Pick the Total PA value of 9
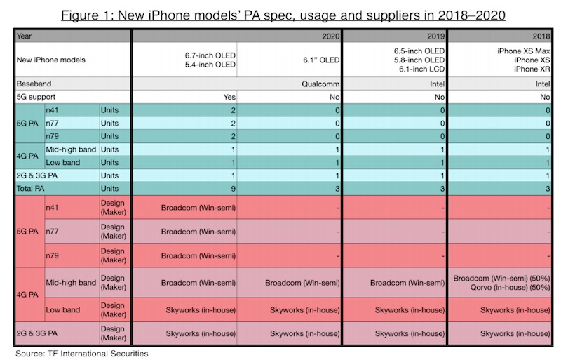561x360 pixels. coord(232,188)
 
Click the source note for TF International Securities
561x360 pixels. coord(82,353)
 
